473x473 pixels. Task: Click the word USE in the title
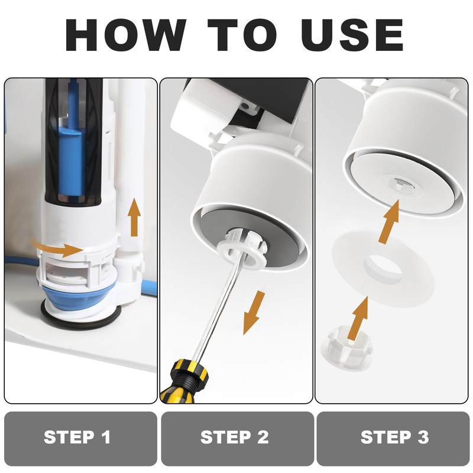[352, 35]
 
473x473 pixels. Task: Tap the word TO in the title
[242, 35]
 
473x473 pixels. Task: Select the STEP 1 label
[77, 437]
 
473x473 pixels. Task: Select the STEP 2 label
[234, 437]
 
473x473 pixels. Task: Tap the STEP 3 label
[394, 437]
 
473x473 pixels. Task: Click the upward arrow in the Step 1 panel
[134, 217]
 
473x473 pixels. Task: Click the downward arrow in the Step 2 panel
[254, 312]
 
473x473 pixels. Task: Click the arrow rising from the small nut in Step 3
[358, 318]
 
